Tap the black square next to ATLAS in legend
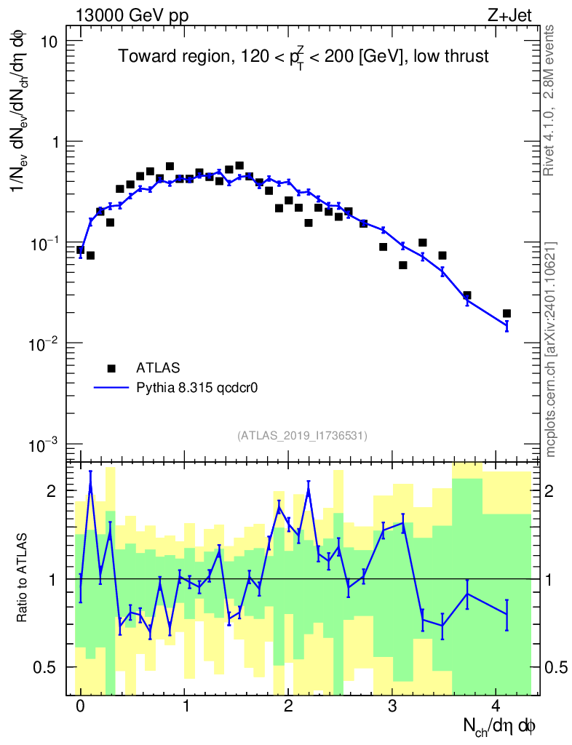tap(111, 369)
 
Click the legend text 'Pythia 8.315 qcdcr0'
tap(198, 388)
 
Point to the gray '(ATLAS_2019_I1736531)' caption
tap(302, 436)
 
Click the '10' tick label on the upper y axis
tap(49, 41)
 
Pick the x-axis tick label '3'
tap(392, 705)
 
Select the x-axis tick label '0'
tap(80, 705)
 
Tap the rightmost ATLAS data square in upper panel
tap(507, 314)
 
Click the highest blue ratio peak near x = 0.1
tap(90, 482)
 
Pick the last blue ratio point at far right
tap(507, 615)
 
